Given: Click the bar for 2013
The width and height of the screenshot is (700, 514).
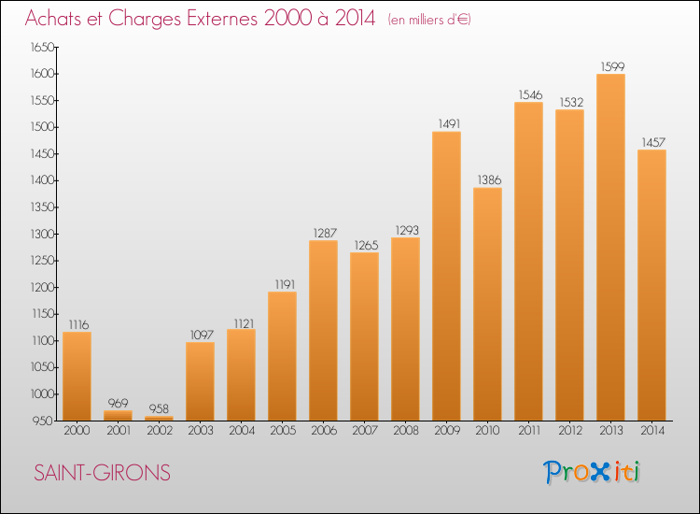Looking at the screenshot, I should click(x=610, y=248).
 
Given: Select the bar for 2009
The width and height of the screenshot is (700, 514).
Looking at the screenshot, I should click(x=446, y=277).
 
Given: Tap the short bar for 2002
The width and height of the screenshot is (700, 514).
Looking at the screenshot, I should click(x=159, y=418).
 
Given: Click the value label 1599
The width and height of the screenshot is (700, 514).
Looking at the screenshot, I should click(x=610, y=65).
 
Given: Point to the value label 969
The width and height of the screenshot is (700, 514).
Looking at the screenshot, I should click(x=118, y=402).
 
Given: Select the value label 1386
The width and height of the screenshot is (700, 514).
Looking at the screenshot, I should click(x=487, y=178).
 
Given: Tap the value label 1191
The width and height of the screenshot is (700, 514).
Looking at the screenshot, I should click(x=282, y=283).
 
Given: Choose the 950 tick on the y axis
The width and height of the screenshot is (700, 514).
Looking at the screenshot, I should click(x=43, y=421).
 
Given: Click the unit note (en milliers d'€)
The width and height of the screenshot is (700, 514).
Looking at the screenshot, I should click(x=429, y=20).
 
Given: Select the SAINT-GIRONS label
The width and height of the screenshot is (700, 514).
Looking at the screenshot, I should click(x=103, y=473).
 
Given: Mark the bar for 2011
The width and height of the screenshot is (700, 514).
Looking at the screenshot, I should click(x=528, y=262).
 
